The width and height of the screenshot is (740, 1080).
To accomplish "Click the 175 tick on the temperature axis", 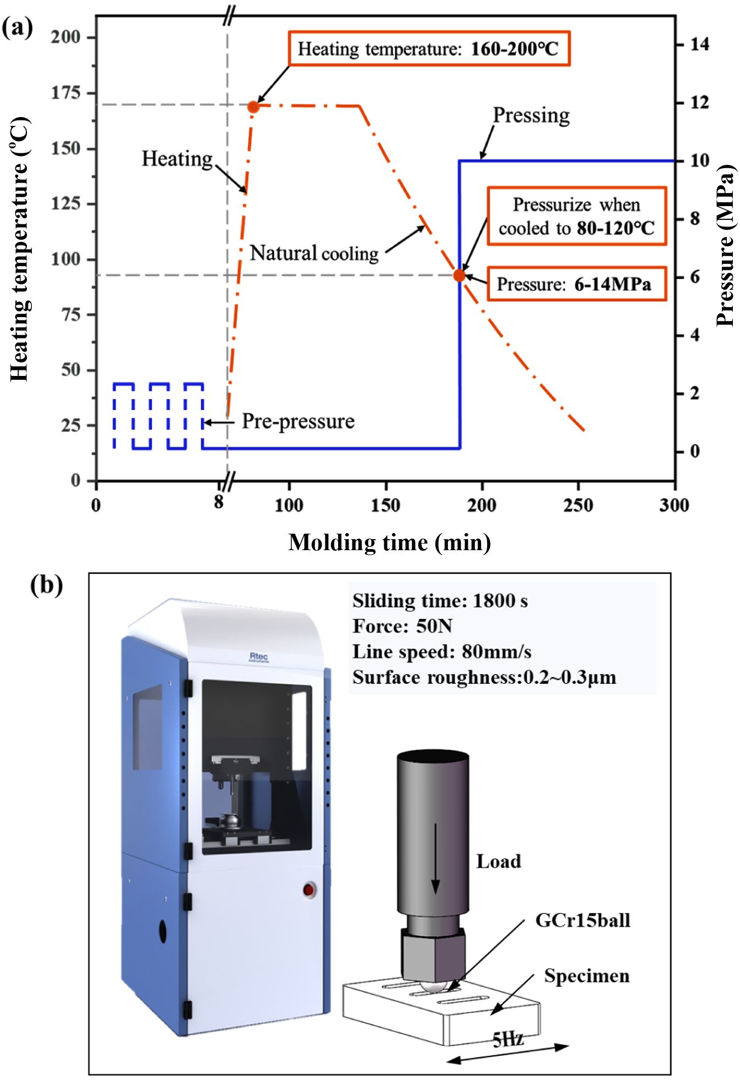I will [x=66, y=93].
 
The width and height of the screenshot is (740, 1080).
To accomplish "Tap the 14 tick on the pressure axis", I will [x=699, y=44].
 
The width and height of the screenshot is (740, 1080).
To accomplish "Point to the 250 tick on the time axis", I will [x=578, y=505].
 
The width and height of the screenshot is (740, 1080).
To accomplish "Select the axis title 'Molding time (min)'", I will [x=389, y=543].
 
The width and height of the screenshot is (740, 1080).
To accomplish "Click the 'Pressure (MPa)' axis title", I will [x=726, y=245].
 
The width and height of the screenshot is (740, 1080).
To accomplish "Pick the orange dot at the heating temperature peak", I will [x=253, y=107].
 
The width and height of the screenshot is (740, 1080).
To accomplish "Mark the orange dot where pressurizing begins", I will [x=459, y=275].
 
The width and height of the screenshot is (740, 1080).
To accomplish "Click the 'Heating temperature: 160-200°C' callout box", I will [x=429, y=49].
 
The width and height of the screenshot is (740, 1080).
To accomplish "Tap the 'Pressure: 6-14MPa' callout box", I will [x=576, y=284].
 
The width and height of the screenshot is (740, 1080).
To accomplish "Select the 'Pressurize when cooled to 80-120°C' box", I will [x=576, y=216].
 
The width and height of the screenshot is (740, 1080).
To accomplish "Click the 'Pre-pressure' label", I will [x=298, y=422].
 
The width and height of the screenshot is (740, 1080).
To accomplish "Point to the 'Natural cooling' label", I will [x=314, y=253].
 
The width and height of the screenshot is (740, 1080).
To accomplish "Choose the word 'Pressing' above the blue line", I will [x=531, y=115].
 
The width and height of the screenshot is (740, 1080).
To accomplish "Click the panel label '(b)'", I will [x=46, y=585].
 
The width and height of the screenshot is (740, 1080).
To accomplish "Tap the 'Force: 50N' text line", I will [x=402, y=627].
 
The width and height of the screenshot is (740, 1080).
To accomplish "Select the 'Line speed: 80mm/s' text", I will [x=441, y=652].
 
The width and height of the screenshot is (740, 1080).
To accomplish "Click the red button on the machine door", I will [x=308, y=889].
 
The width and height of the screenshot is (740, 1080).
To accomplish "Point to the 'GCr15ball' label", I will [x=583, y=921].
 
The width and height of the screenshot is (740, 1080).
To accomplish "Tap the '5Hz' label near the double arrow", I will [x=507, y=1038].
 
